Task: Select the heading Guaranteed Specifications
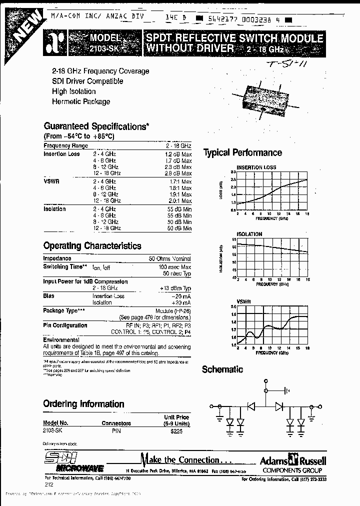point(96,126)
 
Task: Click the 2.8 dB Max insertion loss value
point(178,172)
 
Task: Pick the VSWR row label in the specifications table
point(51,181)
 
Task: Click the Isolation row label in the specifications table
point(54,209)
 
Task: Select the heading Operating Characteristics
point(92,246)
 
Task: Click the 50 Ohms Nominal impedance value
point(169,258)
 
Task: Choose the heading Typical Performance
point(242,153)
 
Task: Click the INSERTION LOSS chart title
point(256,167)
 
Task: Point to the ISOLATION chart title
point(249,234)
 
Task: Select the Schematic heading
point(222,369)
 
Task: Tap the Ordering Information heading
point(83,403)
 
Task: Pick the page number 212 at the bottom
point(48,484)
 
